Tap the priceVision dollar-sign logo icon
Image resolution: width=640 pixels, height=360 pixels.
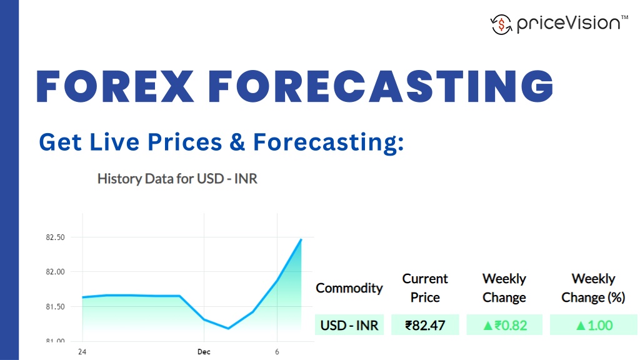click(x=501, y=24)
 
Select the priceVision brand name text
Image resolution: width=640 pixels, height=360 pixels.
click(x=567, y=24)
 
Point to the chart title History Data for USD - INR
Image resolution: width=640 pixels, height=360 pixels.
click(x=177, y=179)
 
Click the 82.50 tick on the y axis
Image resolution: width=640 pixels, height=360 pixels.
click(x=56, y=237)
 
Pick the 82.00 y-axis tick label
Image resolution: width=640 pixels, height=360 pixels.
click(x=56, y=272)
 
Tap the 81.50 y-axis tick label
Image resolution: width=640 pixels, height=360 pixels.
click(x=56, y=307)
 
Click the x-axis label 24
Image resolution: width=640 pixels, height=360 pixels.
click(x=82, y=352)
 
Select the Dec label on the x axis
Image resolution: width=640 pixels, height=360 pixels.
click(x=204, y=352)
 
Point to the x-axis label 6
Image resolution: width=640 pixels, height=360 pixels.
click(x=277, y=352)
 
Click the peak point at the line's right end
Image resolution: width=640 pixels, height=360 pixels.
click(x=301, y=239)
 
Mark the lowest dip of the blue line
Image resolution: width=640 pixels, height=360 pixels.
click(x=228, y=328)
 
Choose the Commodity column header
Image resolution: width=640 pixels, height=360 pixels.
click(x=349, y=288)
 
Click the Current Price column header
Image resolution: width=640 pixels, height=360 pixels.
click(x=425, y=288)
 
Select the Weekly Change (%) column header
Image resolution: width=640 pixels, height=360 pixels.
click(x=593, y=288)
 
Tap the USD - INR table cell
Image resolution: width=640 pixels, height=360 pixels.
click(x=349, y=325)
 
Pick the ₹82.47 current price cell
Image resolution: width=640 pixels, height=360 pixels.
click(x=425, y=325)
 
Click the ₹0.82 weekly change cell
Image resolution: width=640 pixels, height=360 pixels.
click(x=504, y=325)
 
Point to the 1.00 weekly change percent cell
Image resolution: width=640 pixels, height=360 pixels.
click(x=593, y=325)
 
